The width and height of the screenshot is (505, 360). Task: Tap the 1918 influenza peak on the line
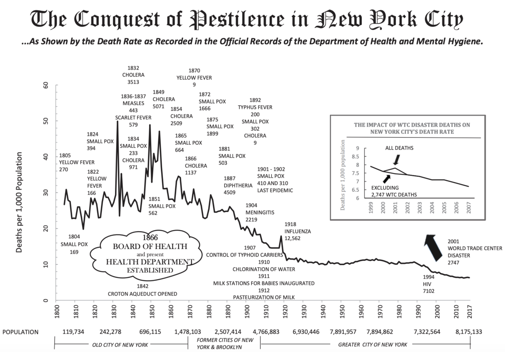pos(281,236)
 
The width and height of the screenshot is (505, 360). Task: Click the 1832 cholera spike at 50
pos(117,121)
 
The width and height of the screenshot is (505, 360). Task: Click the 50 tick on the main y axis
pos(46,121)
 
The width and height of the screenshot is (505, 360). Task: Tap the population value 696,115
pos(150,332)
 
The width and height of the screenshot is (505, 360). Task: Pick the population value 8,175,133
pos(468,332)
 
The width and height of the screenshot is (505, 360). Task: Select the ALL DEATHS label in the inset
pos(399,148)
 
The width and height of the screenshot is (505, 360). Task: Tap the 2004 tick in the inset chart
pos(432,207)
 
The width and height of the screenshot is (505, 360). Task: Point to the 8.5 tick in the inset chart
pos(355,156)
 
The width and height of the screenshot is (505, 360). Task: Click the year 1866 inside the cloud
pos(150,238)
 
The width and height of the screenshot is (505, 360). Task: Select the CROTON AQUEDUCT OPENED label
pos(142,294)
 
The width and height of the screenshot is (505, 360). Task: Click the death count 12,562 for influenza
pos(292,238)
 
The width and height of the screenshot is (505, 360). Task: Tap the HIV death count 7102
pos(428,291)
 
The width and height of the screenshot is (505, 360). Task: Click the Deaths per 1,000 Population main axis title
pos(19,202)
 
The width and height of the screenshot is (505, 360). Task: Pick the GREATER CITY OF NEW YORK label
pos(372,344)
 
